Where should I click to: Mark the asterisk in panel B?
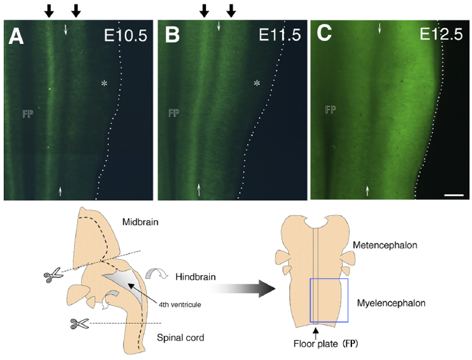[x=256, y=84]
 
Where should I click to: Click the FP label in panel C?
[x=330, y=110]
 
